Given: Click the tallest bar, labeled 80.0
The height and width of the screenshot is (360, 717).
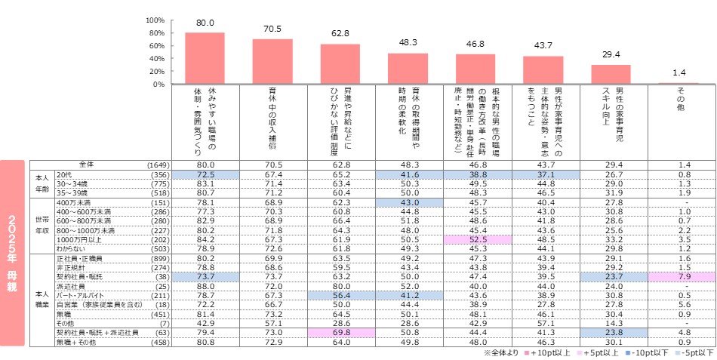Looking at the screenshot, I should pyautogui.click(x=205, y=58).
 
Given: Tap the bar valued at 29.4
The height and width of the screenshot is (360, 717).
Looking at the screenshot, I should pyautogui.click(x=610, y=75).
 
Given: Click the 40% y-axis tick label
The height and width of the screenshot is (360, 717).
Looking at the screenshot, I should pyautogui.click(x=157, y=59).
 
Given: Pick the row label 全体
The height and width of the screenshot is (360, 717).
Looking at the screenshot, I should pyautogui.click(x=88, y=164).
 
